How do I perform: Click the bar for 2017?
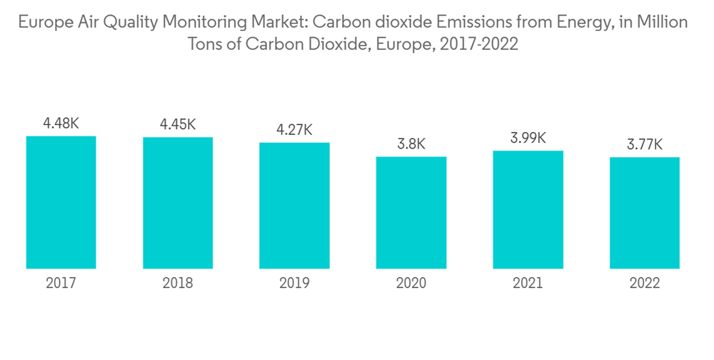61,202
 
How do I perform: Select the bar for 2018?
178,203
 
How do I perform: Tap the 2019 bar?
294,206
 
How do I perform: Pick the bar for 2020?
411,213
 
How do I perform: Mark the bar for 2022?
645,213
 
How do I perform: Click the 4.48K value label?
61,124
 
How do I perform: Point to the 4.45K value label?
178,124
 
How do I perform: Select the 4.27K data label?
294,130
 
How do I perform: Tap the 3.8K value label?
411,144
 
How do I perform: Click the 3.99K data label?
528,138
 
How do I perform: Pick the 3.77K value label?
645,144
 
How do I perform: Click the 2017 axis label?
61,284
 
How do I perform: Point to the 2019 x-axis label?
294,284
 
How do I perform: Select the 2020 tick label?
411,284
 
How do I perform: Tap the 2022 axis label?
645,284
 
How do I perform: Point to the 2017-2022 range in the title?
479,44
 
